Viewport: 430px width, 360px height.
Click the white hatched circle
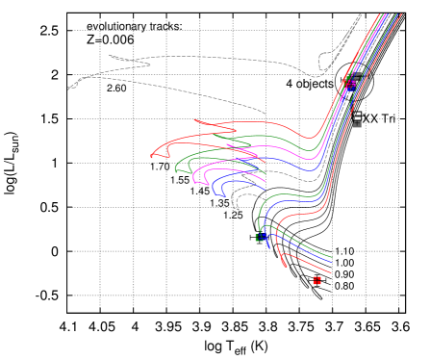pyautogui.click(x=354, y=82)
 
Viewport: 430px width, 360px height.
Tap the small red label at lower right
pyautogui.click(x=317, y=280)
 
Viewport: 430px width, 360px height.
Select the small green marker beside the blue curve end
pyautogui.click(x=258, y=237)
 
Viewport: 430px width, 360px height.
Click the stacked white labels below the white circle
pyautogui.click(x=357, y=119)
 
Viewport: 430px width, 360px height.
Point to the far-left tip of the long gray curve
pyautogui.click(x=68, y=89)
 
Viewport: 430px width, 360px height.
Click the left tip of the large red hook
pyautogui.click(x=151, y=155)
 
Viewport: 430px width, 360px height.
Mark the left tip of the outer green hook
pyautogui.click(x=175, y=170)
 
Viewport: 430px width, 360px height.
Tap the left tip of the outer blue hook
pyautogui.click(x=212, y=186)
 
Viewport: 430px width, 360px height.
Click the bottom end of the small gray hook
pyautogui.click(x=238, y=209)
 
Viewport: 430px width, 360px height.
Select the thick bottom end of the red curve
pyautogui.click(x=284, y=264)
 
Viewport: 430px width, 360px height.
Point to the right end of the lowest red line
pyautogui.click(x=330, y=272)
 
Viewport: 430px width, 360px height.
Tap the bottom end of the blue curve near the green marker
pyautogui.click(x=269, y=247)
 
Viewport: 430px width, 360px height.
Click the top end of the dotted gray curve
pyautogui.click(x=361, y=14)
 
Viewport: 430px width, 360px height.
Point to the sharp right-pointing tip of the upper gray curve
pyautogui.click(x=151, y=64)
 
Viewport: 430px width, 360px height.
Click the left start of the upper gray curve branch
pyautogui.click(x=110, y=55)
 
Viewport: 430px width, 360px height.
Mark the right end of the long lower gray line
pyautogui.click(x=266, y=114)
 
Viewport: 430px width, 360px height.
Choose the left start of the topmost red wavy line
pyautogui.click(x=194, y=120)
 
